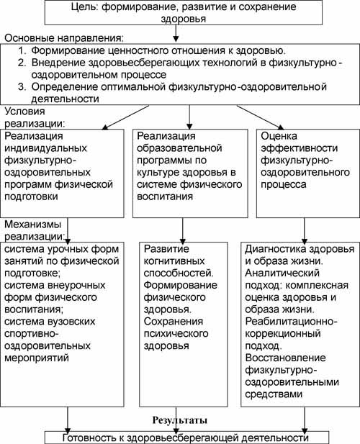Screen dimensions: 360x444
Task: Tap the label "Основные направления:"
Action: (65, 38)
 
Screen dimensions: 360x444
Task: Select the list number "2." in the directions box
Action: (22, 63)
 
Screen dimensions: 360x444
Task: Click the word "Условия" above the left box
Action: (25, 112)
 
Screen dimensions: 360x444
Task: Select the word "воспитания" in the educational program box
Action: (165, 196)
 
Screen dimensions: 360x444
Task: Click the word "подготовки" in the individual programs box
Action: (31, 196)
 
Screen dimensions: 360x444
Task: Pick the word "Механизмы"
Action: (33, 225)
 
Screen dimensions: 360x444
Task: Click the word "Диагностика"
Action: (275, 249)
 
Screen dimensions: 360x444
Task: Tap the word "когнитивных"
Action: (174, 261)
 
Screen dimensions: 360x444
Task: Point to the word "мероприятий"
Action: (37, 358)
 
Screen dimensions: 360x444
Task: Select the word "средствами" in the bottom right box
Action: (274, 394)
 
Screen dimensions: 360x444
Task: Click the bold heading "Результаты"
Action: (180, 420)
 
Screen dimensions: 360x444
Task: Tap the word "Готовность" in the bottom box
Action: (89, 438)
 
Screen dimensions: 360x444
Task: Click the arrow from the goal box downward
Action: (176, 33)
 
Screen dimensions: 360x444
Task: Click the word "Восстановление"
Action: (286, 358)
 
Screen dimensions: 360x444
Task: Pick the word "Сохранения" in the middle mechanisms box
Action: (174, 322)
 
